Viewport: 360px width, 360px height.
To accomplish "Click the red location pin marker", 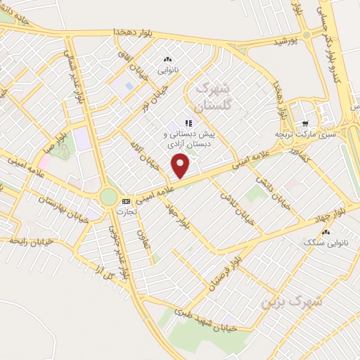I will click(x=181, y=167).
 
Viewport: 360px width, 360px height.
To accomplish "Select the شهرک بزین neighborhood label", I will click(x=291, y=301).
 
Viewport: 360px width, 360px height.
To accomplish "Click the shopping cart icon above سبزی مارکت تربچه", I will click(x=304, y=121).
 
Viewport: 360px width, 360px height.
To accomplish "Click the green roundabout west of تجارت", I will click(x=108, y=196).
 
